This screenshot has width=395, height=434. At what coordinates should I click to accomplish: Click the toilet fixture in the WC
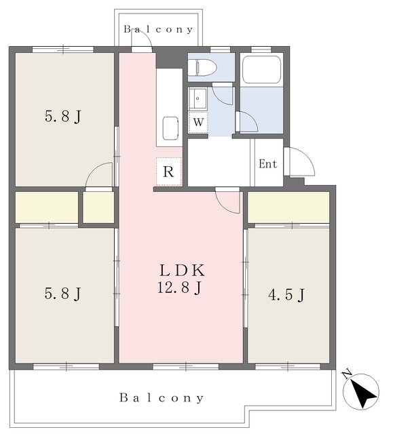[x=202, y=67]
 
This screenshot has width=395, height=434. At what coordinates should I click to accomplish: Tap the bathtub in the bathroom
[x=262, y=69]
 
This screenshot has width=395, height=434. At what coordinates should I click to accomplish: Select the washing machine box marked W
[x=198, y=122]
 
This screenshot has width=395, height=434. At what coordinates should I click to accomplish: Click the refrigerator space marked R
[x=169, y=172]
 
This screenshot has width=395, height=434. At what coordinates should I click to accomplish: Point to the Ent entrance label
[x=268, y=164]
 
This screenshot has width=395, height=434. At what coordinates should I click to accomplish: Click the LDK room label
[x=182, y=271]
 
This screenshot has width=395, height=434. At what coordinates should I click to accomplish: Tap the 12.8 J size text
[x=179, y=288]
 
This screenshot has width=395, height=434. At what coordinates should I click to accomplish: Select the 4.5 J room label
[x=286, y=294]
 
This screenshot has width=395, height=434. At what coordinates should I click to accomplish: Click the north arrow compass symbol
[x=360, y=390]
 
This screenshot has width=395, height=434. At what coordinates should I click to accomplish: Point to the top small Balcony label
[x=158, y=29]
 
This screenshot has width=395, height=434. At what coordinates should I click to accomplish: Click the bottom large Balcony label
[x=162, y=398]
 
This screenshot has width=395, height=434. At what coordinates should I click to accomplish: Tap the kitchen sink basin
[x=170, y=128]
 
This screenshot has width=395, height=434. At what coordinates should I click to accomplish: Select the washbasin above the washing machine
[x=197, y=98]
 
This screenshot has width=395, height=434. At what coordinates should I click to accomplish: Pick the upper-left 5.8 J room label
[x=63, y=116]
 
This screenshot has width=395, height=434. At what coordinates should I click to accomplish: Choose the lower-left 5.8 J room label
[x=63, y=294]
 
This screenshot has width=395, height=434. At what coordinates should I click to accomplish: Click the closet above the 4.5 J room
[x=288, y=207]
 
